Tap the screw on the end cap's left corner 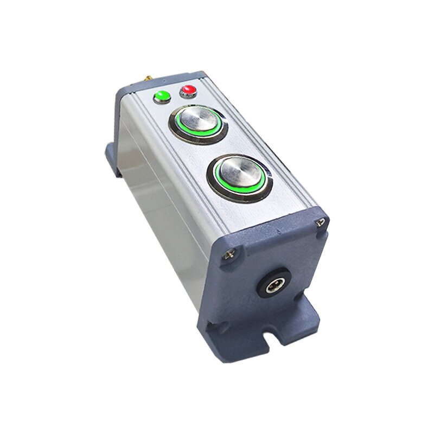tap(229, 253)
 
